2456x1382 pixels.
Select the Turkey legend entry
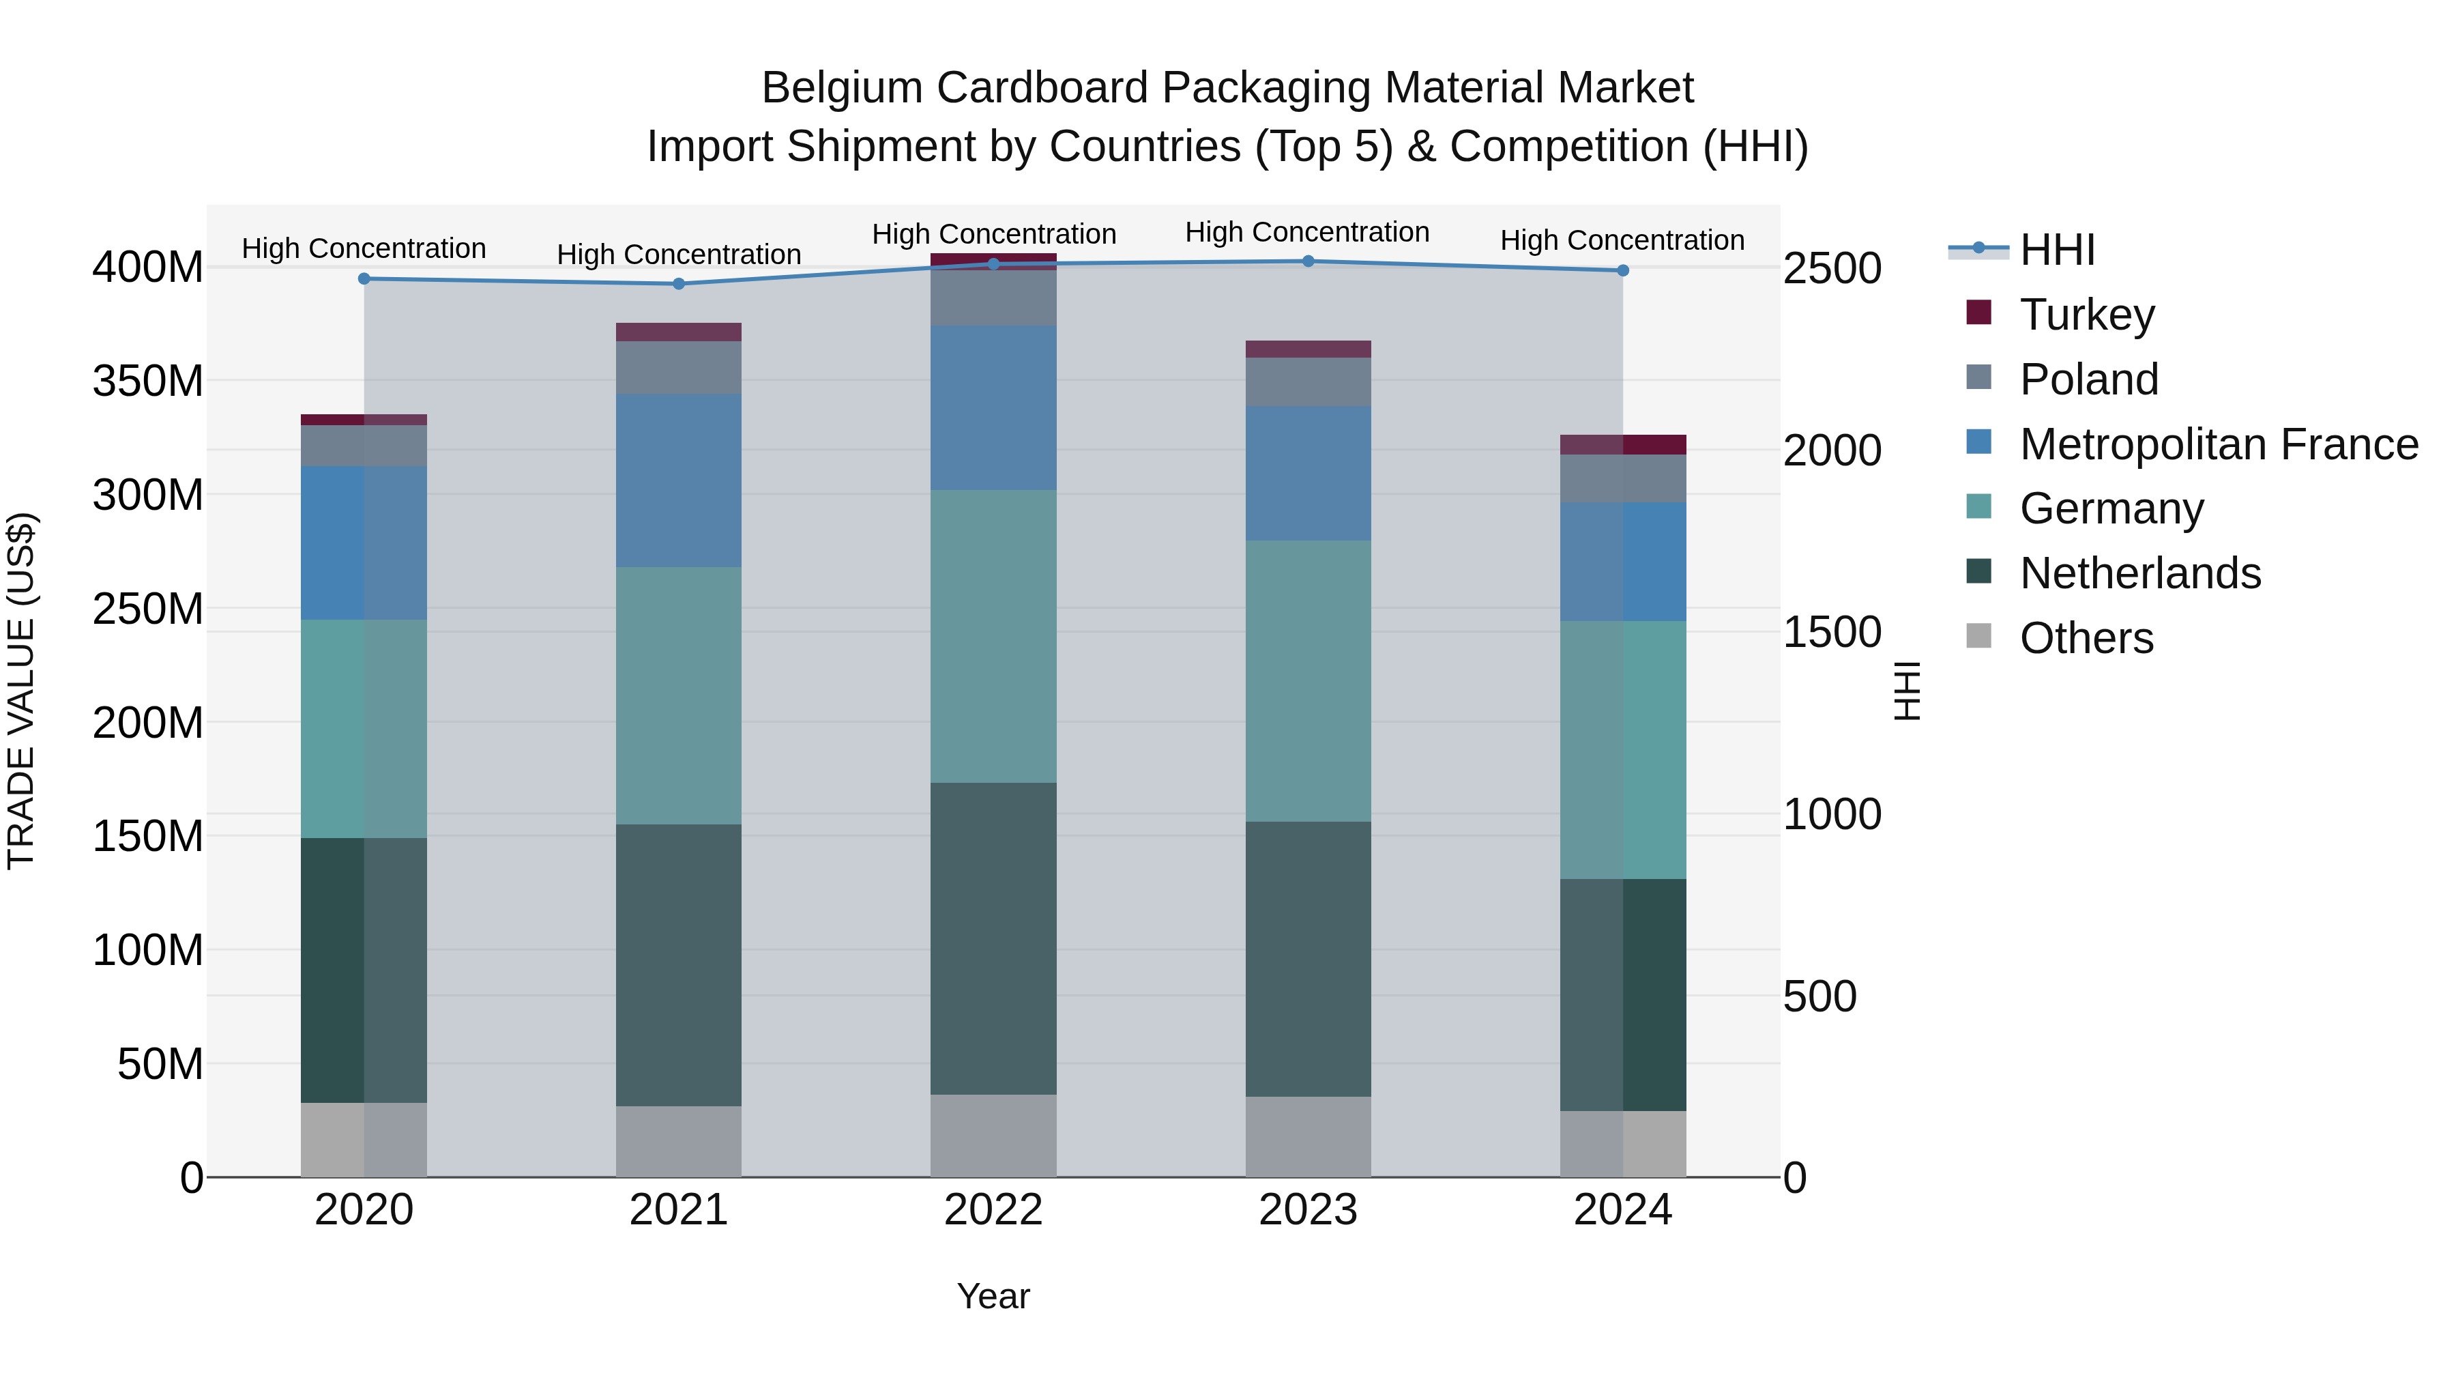click(x=2086, y=315)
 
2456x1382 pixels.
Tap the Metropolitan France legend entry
click(x=2218, y=444)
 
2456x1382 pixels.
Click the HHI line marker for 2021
click(x=679, y=284)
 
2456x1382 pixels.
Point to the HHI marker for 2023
click(x=1308, y=261)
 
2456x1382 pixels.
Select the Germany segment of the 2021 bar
click(x=679, y=696)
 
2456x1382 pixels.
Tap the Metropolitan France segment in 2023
click(x=1308, y=474)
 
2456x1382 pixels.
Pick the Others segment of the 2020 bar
click(x=364, y=1140)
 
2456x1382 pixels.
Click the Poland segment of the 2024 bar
click(x=1623, y=479)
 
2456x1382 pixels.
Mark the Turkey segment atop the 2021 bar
click(x=679, y=332)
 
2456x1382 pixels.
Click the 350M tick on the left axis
click(x=148, y=382)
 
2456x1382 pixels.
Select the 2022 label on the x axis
click(x=993, y=1210)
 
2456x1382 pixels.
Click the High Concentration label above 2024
click(x=1623, y=240)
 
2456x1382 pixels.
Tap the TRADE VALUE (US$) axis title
click(x=21, y=691)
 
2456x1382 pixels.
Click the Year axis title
click(x=993, y=1296)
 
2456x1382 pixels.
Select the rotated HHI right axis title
click(x=1907, y=691)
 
